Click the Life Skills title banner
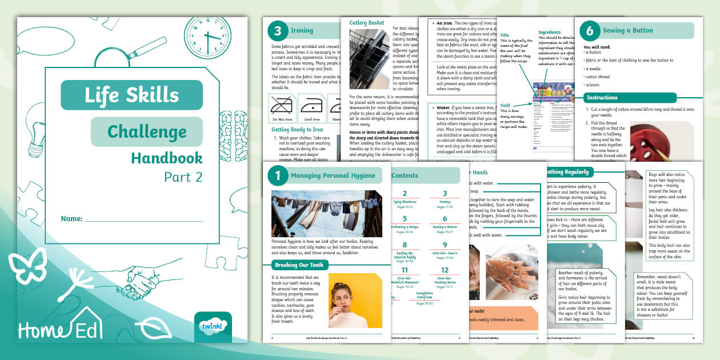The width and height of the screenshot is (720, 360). point(131,95)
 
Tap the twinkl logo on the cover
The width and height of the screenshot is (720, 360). point(213,326)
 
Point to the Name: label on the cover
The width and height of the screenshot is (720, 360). point(71,219)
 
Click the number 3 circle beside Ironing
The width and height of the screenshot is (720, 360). point(277,30)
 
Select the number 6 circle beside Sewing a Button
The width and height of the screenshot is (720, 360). point(590,30)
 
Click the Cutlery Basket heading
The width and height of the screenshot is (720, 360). point(366,23)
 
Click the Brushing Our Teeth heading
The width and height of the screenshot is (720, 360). point(300,265)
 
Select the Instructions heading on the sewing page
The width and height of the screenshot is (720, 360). point(602,98)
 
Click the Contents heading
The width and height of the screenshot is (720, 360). point(405,175)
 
